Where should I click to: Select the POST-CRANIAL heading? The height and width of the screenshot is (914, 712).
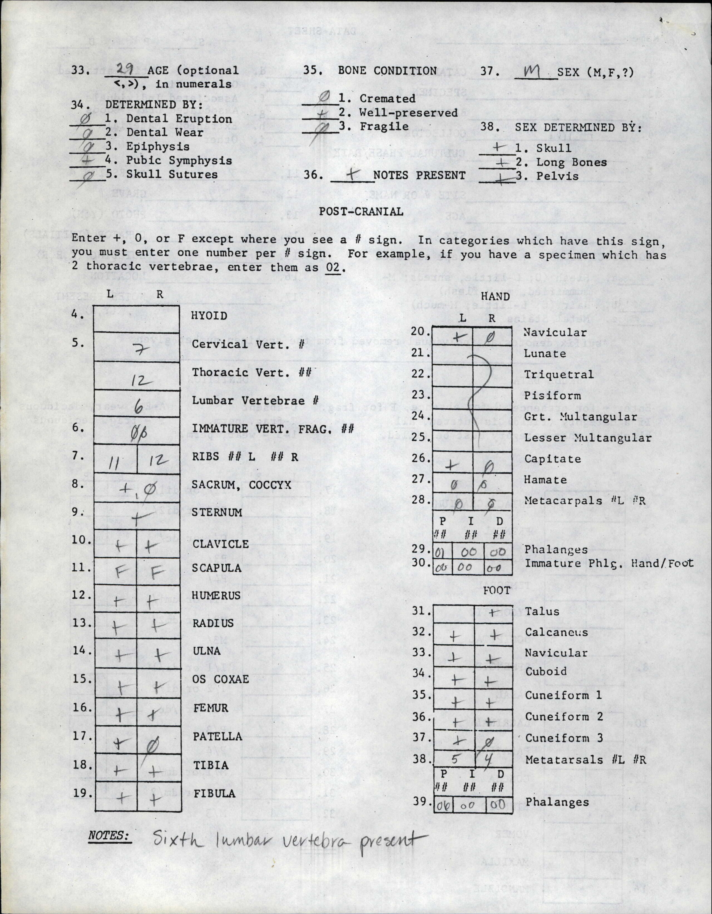click(x=361, y=211)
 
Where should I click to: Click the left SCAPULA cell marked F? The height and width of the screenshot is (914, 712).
click(x=117, y=571)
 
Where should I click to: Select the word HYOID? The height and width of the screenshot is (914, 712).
click(x=209, y=316)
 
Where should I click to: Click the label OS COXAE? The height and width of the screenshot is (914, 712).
click(x=221, y=679)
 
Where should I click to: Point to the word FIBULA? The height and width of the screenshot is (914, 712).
click(x=214, y=793)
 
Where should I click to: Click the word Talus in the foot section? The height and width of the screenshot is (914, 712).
click(x=542, y=611)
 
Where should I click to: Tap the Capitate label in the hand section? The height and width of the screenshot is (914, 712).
click(x=552, y=459)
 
